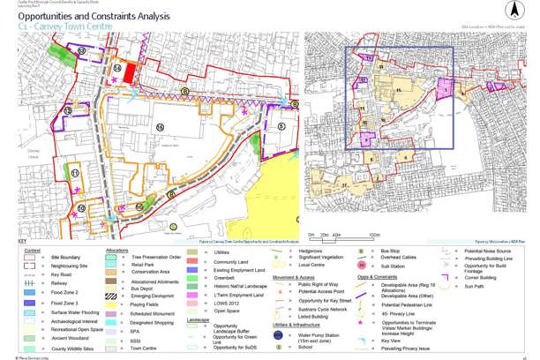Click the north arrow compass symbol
pyautogui.click(x=513, y=10)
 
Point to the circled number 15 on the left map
pyautogui.click(x=161, y=126)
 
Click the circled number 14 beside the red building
pyautogui.click(x=116, y=67)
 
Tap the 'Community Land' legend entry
pyautogui.click(x=231, y=262)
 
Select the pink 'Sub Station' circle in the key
pyautogui.click(x=364, y=265)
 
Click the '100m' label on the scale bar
pyautogui.click(x=375, y=235)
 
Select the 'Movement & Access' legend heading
pyautogui.click(x=294, y=277)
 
